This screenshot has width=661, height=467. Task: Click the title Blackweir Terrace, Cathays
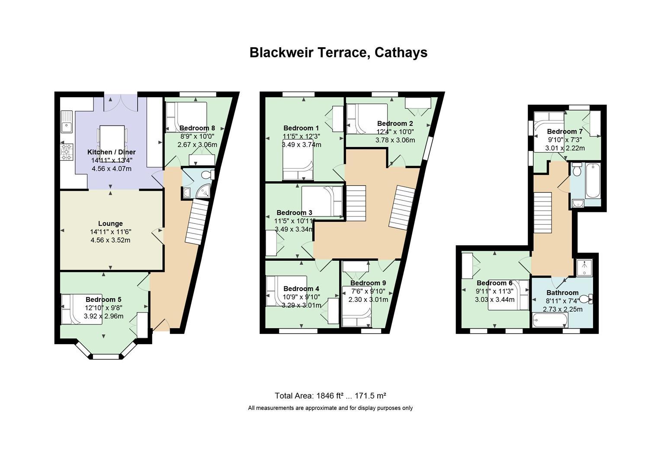(338, 53)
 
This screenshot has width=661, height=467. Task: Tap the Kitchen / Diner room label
(111, 152)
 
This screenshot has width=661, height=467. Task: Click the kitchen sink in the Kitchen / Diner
(67, 122)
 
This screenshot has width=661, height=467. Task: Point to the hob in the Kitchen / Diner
(67, 152)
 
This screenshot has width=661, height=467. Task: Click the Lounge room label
(110, 224)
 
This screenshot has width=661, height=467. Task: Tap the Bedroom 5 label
(103, 300)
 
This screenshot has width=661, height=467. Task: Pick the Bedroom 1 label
(301, 128)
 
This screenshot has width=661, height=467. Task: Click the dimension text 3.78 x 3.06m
(395, 140)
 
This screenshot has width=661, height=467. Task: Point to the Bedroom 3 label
(294, 213)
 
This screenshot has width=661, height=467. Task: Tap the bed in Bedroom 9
(357, 306)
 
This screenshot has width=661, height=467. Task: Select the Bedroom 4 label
(301, 289)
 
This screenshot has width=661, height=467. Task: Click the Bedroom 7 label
(565, 131)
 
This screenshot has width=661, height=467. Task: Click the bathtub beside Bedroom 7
(593, 181)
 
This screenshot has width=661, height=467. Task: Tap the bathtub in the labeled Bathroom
(550, 320)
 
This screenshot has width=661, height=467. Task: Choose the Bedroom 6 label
(494, 283)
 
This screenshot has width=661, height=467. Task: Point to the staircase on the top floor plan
(543, 213)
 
